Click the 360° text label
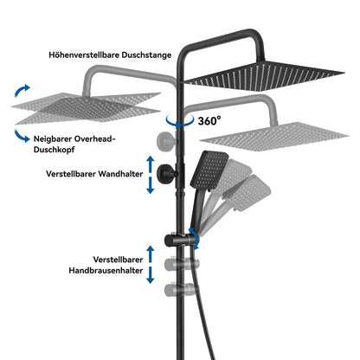coord(209,120)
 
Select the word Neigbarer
coord(53,139)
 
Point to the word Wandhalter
coord(120,174)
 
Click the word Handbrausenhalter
coord(106,270)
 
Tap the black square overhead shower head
coord(264,75)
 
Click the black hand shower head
coord(209,170)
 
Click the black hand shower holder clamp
coord(179,241)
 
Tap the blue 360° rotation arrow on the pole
coord(179,121)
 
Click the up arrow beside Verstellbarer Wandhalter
coord(151,164)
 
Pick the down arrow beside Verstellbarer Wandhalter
coord(151,185)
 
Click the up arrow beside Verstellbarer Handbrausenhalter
coord(151,254)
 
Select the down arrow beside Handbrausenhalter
coord(151,275)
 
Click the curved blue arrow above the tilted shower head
coord(22,90)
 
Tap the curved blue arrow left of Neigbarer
coord(22,136)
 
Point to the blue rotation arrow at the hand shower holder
coord(195,239)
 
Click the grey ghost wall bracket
coord(166,141)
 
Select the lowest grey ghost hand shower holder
coord(179,289)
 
